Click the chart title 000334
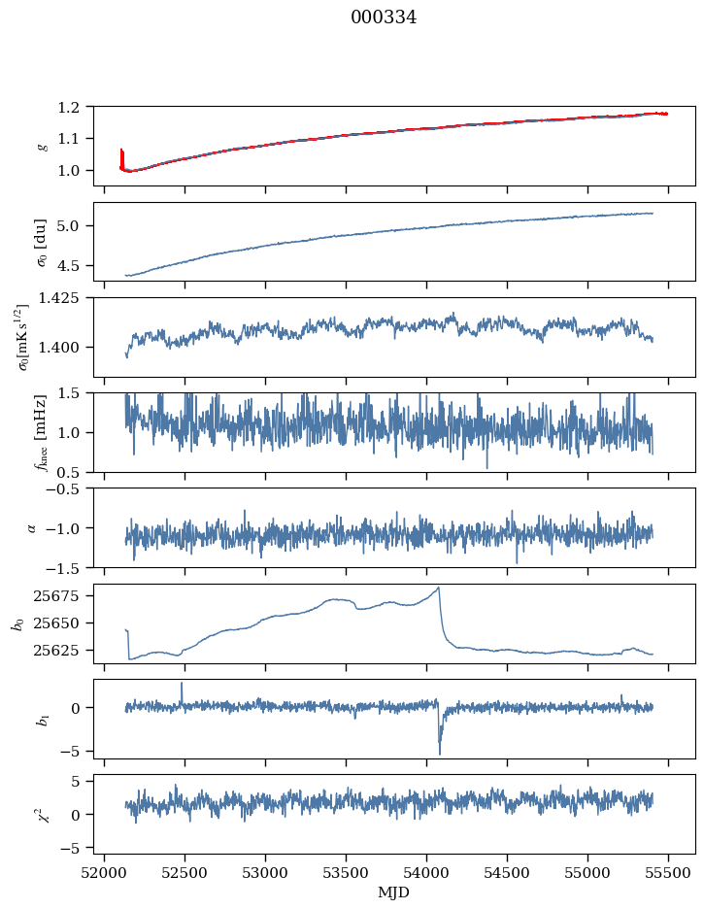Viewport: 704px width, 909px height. click(383, 17)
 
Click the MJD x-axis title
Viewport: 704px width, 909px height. click(394, 892)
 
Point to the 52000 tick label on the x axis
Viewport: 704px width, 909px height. click(104, 874)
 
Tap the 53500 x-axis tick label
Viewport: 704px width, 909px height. click(346, 874)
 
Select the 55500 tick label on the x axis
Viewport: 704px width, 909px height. click(668, 874)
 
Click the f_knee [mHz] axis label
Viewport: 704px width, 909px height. click(40, 432)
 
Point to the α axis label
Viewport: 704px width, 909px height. click(31, 528)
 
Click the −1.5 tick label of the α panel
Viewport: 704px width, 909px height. click(64, 568)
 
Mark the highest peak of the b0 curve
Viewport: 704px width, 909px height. click(439, 588)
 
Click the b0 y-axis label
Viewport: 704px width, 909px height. click(19, 624)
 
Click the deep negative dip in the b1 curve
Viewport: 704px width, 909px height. click(440, 752)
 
